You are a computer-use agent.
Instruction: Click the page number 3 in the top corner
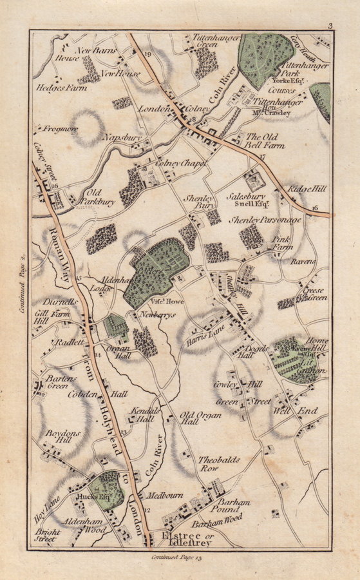[329, 26]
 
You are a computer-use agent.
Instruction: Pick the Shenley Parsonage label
[266, 220]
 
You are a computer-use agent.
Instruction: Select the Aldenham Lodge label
[103, 285]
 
